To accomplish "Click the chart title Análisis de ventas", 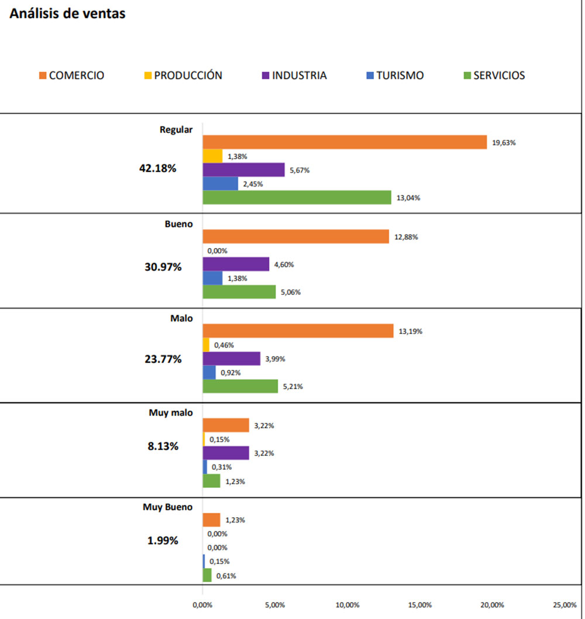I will pos(67,14).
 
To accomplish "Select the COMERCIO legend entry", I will pos(71,75).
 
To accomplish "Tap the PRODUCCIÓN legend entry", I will pos(183,75).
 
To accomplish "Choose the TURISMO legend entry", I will pos(394,75).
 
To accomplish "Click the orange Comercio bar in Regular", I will pos(345,142).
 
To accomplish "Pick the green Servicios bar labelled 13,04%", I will pos(297,197).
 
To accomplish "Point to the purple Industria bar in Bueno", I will pos(236,264).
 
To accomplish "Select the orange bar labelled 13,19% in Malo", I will pos(298,331).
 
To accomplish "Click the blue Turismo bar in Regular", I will pos(220,184).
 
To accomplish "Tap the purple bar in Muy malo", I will pos(226,453).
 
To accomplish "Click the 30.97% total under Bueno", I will pos(163,267).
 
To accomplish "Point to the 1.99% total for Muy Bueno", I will pos(163,541).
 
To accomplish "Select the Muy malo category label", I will pos(171,412).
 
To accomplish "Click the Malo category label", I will pos(181,318).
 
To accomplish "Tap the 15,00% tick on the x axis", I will pos(420,604).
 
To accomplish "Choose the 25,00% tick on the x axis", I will pos(565,604).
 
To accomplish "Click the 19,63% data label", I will pos(504,142).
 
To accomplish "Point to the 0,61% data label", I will pos(226,576).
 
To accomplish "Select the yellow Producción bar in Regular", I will pos(212,156).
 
